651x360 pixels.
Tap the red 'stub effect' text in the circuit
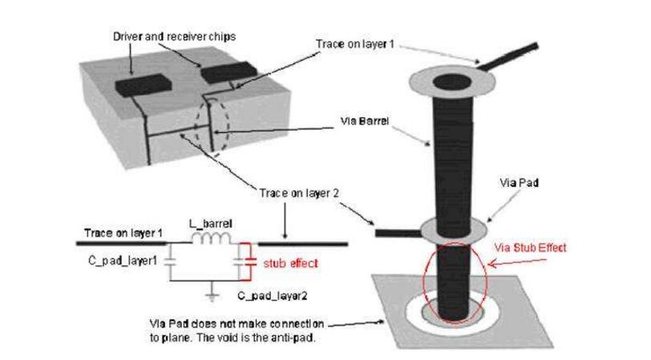pos(290,261)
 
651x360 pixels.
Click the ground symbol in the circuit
pos(210,297)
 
